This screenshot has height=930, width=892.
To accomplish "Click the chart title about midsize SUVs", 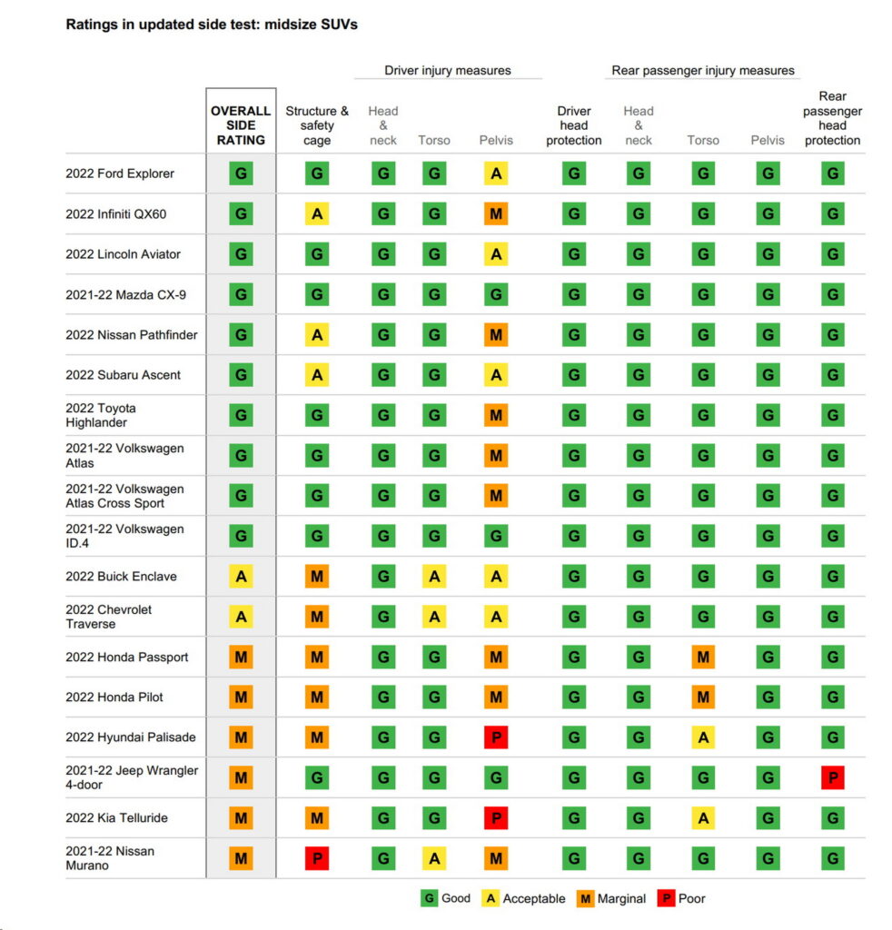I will click(212, 25).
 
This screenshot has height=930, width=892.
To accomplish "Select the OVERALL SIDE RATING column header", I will click(241, 125).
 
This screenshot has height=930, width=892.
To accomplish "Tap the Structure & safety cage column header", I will click(317, 125).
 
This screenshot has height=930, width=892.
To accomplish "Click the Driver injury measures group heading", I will click(447, 70).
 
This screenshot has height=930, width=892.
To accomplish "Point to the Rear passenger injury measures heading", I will click(702, 70).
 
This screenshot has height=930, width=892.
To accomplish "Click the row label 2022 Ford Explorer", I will click(120, 173).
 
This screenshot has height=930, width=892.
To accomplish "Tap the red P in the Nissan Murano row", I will click(317, 858).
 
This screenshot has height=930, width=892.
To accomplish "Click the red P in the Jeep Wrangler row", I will click(832, 777).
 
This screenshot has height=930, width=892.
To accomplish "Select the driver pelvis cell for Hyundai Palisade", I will click(496, 737).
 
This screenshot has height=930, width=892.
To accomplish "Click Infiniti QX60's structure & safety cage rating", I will click(317, 214).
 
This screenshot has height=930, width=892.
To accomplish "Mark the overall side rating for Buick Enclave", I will click(241, 577).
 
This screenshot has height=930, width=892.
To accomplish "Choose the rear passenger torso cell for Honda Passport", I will click(703, 657).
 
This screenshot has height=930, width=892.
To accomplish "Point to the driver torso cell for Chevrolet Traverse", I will click(434, 617).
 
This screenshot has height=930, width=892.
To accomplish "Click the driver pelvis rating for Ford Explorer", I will click(496, 173).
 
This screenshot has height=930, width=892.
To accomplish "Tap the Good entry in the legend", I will click(446, 898).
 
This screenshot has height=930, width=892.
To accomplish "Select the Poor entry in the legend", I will click(681, 898).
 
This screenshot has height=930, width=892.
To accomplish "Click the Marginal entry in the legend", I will click(612, 898).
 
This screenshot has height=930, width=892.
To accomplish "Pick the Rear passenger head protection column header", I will click(832, 118).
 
